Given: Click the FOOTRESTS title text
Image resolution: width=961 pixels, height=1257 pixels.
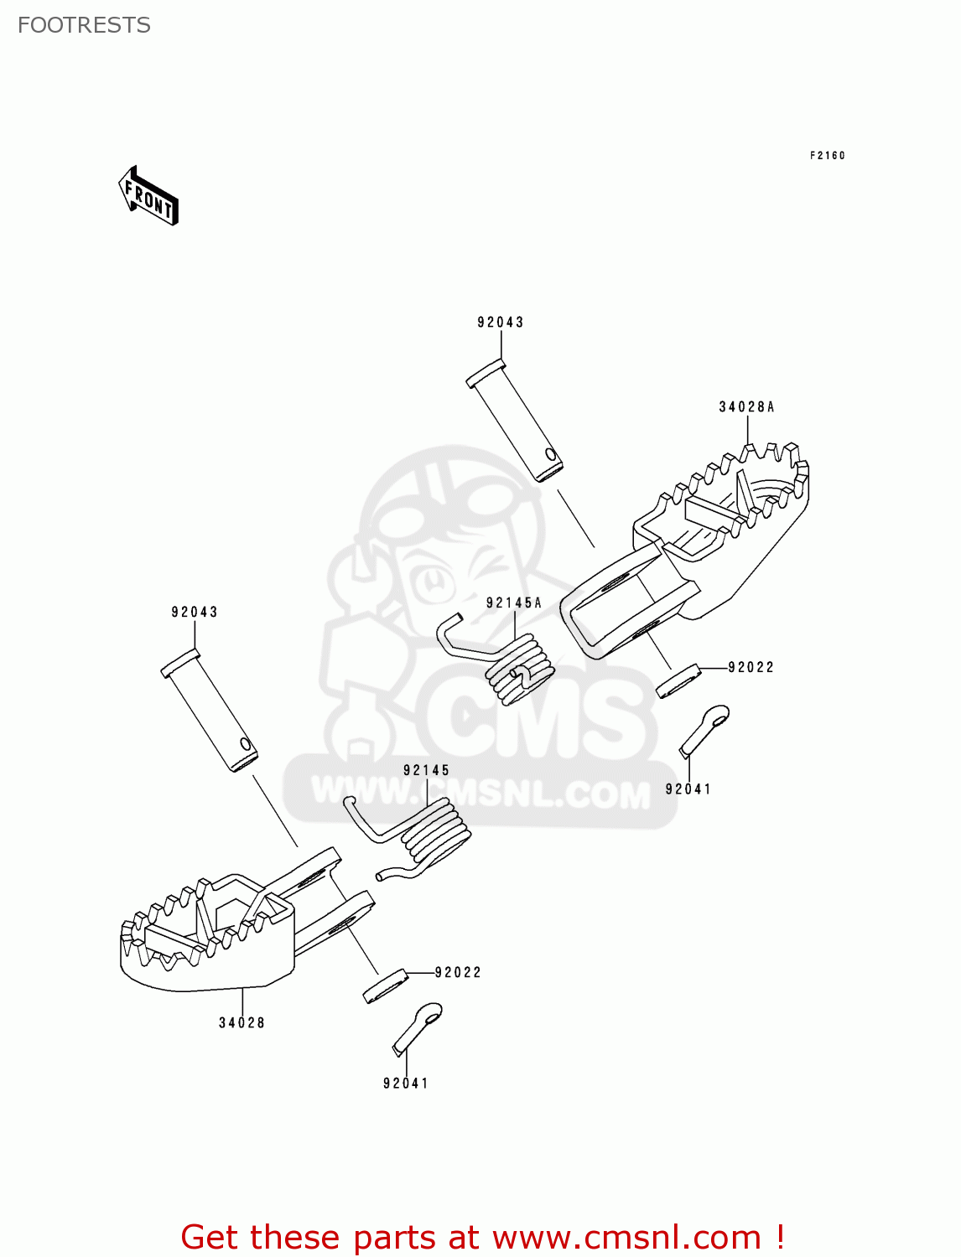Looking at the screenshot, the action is (84, 25).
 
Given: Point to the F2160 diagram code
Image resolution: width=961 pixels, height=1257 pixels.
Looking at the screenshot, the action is (827, 155).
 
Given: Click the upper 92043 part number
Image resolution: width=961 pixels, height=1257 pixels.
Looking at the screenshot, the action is (501, 322).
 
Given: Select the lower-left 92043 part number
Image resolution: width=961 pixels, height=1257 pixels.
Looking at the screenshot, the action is (195, 612).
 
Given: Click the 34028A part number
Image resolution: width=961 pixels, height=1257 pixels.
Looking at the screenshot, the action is (746, 407).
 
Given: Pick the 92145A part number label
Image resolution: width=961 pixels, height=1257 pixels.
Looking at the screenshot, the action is (514, 603).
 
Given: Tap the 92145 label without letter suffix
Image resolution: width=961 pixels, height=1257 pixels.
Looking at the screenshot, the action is (426, 770).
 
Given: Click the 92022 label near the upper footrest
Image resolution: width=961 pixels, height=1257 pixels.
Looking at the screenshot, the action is (751, 667).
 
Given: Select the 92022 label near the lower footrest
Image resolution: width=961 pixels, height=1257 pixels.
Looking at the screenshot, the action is (458, 972).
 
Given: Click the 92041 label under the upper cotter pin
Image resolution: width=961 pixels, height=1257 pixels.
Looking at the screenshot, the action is (688, 789).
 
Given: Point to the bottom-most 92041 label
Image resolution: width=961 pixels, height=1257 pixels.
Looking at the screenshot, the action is (406, 1083).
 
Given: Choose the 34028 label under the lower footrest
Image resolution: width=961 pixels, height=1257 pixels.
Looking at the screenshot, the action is (242, 1022).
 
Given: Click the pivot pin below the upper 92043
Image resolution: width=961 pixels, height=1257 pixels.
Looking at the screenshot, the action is (514, 420).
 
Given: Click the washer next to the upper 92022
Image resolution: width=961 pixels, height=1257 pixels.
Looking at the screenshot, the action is (678, 681).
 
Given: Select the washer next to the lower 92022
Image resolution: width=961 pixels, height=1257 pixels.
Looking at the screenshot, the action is (385, 985).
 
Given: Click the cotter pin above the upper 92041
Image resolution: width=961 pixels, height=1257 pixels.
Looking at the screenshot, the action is (704, 729).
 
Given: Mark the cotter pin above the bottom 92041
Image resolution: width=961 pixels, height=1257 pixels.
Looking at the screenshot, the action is (418, 1027).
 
